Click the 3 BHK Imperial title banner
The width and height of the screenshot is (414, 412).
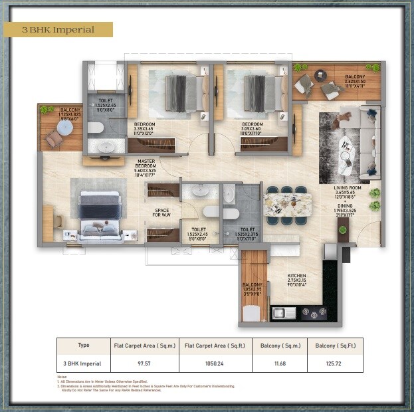(58, 30)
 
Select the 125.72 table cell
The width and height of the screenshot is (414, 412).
(335, 363)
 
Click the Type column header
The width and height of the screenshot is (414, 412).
(83, 346)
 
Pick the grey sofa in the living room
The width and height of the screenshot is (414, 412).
(367, 143)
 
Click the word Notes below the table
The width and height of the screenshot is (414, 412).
(62, 377)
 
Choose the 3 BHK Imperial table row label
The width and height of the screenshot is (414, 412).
(83, 363)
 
